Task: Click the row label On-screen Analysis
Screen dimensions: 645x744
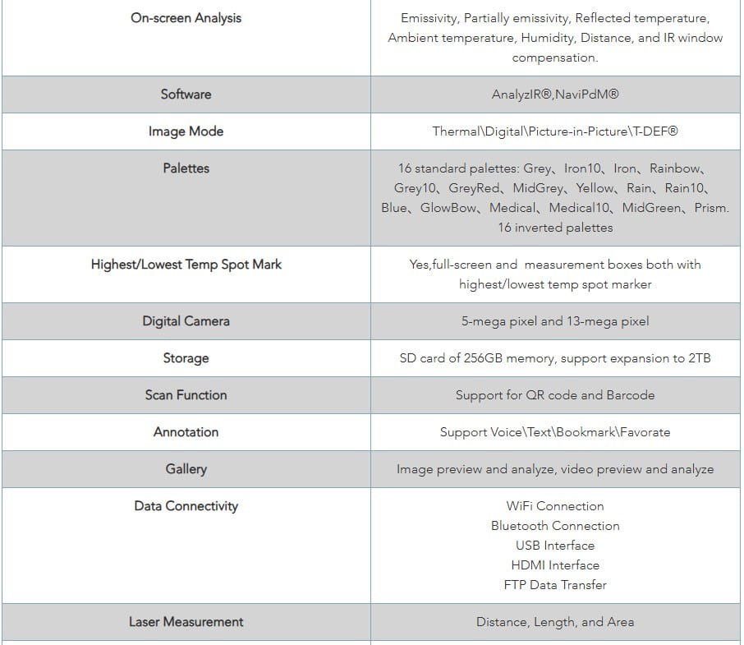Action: pos(186,17)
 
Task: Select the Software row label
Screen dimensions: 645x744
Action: pos(186,94)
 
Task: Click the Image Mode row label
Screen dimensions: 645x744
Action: pos(186,131)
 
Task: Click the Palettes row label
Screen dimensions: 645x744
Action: pos(186,168)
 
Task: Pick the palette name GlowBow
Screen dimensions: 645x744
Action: pos(448,208)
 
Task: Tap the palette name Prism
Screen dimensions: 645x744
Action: pos(711,208)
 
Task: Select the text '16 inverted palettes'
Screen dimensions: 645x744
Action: pos(555,228)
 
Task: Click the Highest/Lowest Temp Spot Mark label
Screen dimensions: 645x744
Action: pos(186,265)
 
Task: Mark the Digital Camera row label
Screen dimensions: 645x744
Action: pos(186,321)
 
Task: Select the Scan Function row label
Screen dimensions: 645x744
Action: pos(186,394)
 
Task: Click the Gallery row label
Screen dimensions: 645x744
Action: pos(186,469)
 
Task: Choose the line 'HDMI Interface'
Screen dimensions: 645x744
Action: pos(555,565)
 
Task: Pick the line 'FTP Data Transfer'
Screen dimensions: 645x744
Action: pos(555,585)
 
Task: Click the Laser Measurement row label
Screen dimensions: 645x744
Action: pos(186,622)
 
